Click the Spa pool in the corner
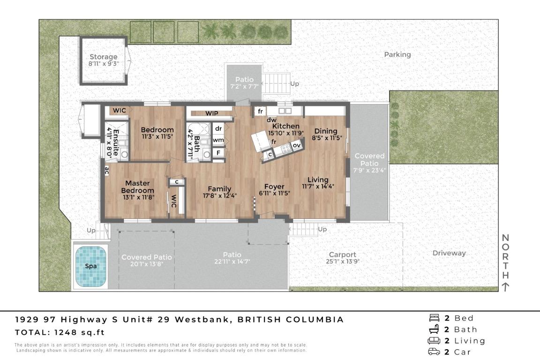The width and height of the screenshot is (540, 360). (x=91, y=266)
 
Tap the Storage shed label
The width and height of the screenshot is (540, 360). (x=103, y=57)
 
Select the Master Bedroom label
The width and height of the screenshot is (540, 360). (x=137, y=187)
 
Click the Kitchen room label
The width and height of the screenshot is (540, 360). (x=285, y=126)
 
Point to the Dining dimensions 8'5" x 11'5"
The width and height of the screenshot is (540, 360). (x=327, y=138)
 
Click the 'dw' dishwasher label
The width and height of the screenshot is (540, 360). (x=271, y=120)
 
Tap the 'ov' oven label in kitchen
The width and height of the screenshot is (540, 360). (x=296, y=145)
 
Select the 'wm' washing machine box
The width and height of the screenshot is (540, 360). (x=218, y=140)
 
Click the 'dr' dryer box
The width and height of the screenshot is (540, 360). (x=218, y=128)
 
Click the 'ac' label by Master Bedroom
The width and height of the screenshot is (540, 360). (x=106, y=171)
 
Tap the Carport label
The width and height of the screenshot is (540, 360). (x=342, y=255)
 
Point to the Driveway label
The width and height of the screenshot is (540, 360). (x=449, y=253)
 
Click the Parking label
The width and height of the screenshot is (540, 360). (x=397, y=54)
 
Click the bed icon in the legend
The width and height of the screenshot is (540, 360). (x=433, y=318)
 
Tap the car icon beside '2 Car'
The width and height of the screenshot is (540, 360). (x=433, y=352)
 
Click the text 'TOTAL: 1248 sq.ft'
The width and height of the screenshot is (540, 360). (x=60, y=333)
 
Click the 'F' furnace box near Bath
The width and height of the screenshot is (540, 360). (x=218, y=152)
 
